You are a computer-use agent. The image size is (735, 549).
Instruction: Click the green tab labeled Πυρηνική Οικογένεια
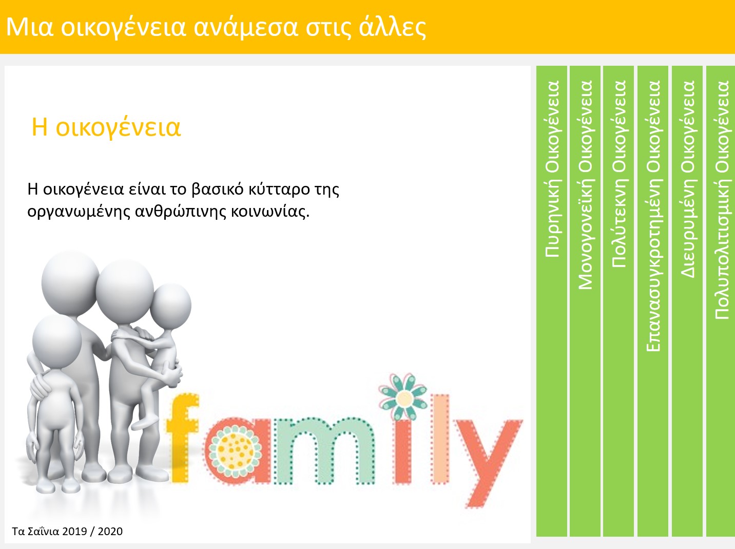[551, 301]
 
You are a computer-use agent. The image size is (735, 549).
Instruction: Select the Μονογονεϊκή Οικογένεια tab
[585, 301]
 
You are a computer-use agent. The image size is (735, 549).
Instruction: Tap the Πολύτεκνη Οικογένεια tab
[618, 301]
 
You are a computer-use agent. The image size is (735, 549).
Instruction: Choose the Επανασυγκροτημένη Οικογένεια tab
[653, 301]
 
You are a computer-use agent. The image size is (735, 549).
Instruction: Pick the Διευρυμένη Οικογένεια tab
[687, 301]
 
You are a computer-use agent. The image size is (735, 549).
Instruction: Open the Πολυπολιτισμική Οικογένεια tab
[721, 301]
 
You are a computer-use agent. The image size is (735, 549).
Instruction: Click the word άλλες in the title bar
[393, 27]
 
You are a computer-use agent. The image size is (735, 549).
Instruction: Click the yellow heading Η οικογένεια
[106, 127]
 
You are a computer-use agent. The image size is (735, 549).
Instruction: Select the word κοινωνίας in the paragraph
[270, 212]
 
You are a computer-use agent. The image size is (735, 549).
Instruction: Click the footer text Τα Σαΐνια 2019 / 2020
[67, 531]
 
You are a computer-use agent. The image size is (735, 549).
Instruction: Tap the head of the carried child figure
[170, 305]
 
